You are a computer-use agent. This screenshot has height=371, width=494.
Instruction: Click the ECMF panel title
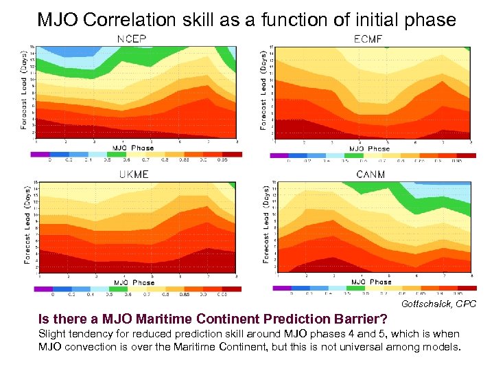point(368,39)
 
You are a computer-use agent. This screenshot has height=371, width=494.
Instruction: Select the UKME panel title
point(134,175)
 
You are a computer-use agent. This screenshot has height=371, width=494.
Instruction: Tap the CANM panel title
point(370,175)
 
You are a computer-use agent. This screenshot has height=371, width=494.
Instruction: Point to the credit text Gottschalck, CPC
point(439,303)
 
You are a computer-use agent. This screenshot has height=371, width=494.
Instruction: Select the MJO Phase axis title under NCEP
point(134,148)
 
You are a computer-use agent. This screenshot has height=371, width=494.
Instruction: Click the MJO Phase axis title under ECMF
point(369,148)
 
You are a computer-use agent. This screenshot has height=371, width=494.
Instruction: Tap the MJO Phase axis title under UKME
point(134,282)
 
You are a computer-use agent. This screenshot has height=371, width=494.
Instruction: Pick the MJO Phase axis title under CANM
point(370,282)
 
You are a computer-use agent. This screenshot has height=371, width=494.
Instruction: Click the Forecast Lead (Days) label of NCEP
point(25,89)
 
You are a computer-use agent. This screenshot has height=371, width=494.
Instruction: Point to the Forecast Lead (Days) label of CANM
point(265,224)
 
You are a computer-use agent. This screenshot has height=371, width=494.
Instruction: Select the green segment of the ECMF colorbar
point(354,155)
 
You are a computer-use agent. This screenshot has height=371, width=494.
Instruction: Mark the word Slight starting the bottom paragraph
point(51,333)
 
